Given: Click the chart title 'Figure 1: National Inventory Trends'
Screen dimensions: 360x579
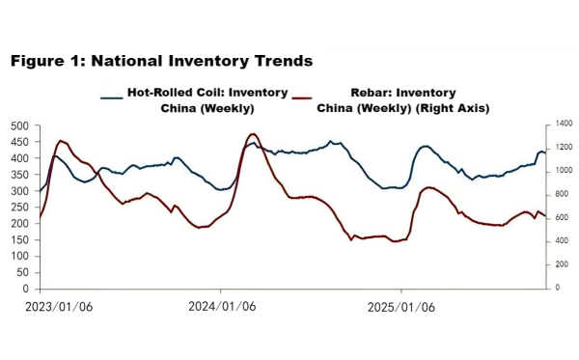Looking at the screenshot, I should coord(161,61).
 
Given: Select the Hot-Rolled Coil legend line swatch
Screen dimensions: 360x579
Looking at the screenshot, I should coord(112,95).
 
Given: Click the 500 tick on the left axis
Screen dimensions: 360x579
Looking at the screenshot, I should coord(19,125).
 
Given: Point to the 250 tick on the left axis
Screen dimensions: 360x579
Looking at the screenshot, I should coord(19,207).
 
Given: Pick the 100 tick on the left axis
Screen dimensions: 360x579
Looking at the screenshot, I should coord(19,256).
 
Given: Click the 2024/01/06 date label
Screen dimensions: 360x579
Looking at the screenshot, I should coord(221,308).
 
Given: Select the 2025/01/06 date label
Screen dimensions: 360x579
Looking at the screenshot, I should coord(401,308).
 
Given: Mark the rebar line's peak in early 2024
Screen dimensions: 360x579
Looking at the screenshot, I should coord(253,134).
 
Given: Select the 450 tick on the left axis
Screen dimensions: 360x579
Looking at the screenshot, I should coord(19,142).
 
